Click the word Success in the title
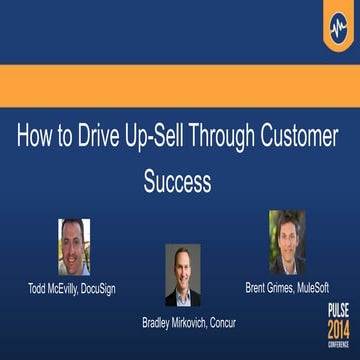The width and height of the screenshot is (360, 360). [180, 184]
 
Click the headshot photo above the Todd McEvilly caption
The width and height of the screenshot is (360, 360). [75, 247]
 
